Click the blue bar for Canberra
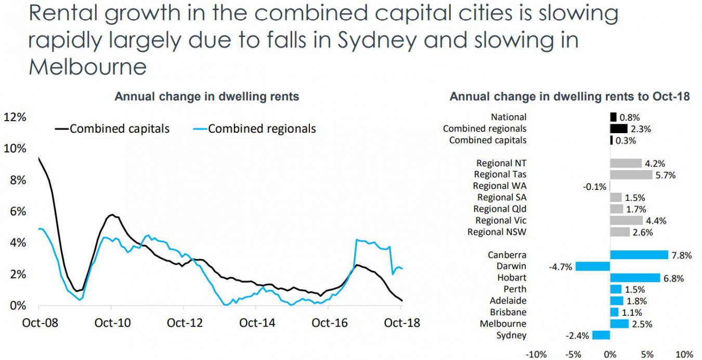click(639, 255)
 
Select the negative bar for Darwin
click(592, 266)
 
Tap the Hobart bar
click(635, 278)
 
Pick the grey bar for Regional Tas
click(631, 175)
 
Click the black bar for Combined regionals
click(618, 128)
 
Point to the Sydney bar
click(601, 336)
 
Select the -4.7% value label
click(560, 267)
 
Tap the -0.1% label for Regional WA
click(595, 186)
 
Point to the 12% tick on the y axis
click(15, 117)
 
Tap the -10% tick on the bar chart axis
click(536, 354)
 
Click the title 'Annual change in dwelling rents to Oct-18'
click(569, 97)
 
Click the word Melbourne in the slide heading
click(87, 67)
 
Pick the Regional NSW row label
click(497, 232)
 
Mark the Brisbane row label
click(508, 312)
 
